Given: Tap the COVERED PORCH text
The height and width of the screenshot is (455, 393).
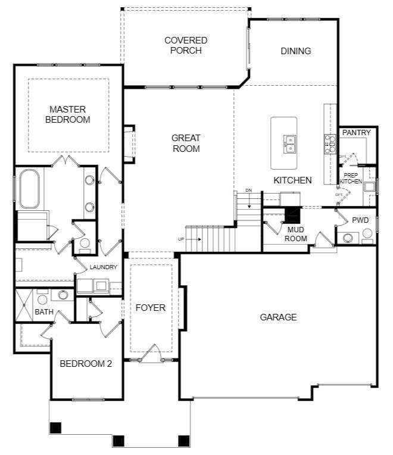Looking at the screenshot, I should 186,45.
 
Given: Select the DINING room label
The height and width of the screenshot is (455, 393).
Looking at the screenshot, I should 296,51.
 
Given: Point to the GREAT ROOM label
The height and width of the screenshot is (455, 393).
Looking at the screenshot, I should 186,143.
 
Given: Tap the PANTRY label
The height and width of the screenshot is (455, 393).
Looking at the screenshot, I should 356,132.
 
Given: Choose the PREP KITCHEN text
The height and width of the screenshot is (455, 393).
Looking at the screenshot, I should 351,177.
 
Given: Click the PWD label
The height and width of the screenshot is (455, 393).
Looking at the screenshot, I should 360,220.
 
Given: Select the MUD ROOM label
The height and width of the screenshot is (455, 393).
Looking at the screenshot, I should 297,233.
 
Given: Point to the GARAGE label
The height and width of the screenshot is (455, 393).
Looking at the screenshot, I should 278,317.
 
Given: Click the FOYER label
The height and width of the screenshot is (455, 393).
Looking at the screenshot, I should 150,307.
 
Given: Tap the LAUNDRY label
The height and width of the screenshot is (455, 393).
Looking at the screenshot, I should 103,267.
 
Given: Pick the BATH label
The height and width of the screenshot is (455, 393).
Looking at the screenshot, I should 44,311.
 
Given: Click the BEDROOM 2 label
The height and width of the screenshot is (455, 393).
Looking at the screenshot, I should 86,364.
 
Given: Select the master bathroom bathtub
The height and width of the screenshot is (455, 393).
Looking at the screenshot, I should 29,189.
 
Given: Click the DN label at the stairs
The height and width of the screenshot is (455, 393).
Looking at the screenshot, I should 248,191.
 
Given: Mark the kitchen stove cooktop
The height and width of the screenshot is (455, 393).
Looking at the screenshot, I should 329,144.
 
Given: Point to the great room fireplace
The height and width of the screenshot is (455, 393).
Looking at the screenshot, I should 129,144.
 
